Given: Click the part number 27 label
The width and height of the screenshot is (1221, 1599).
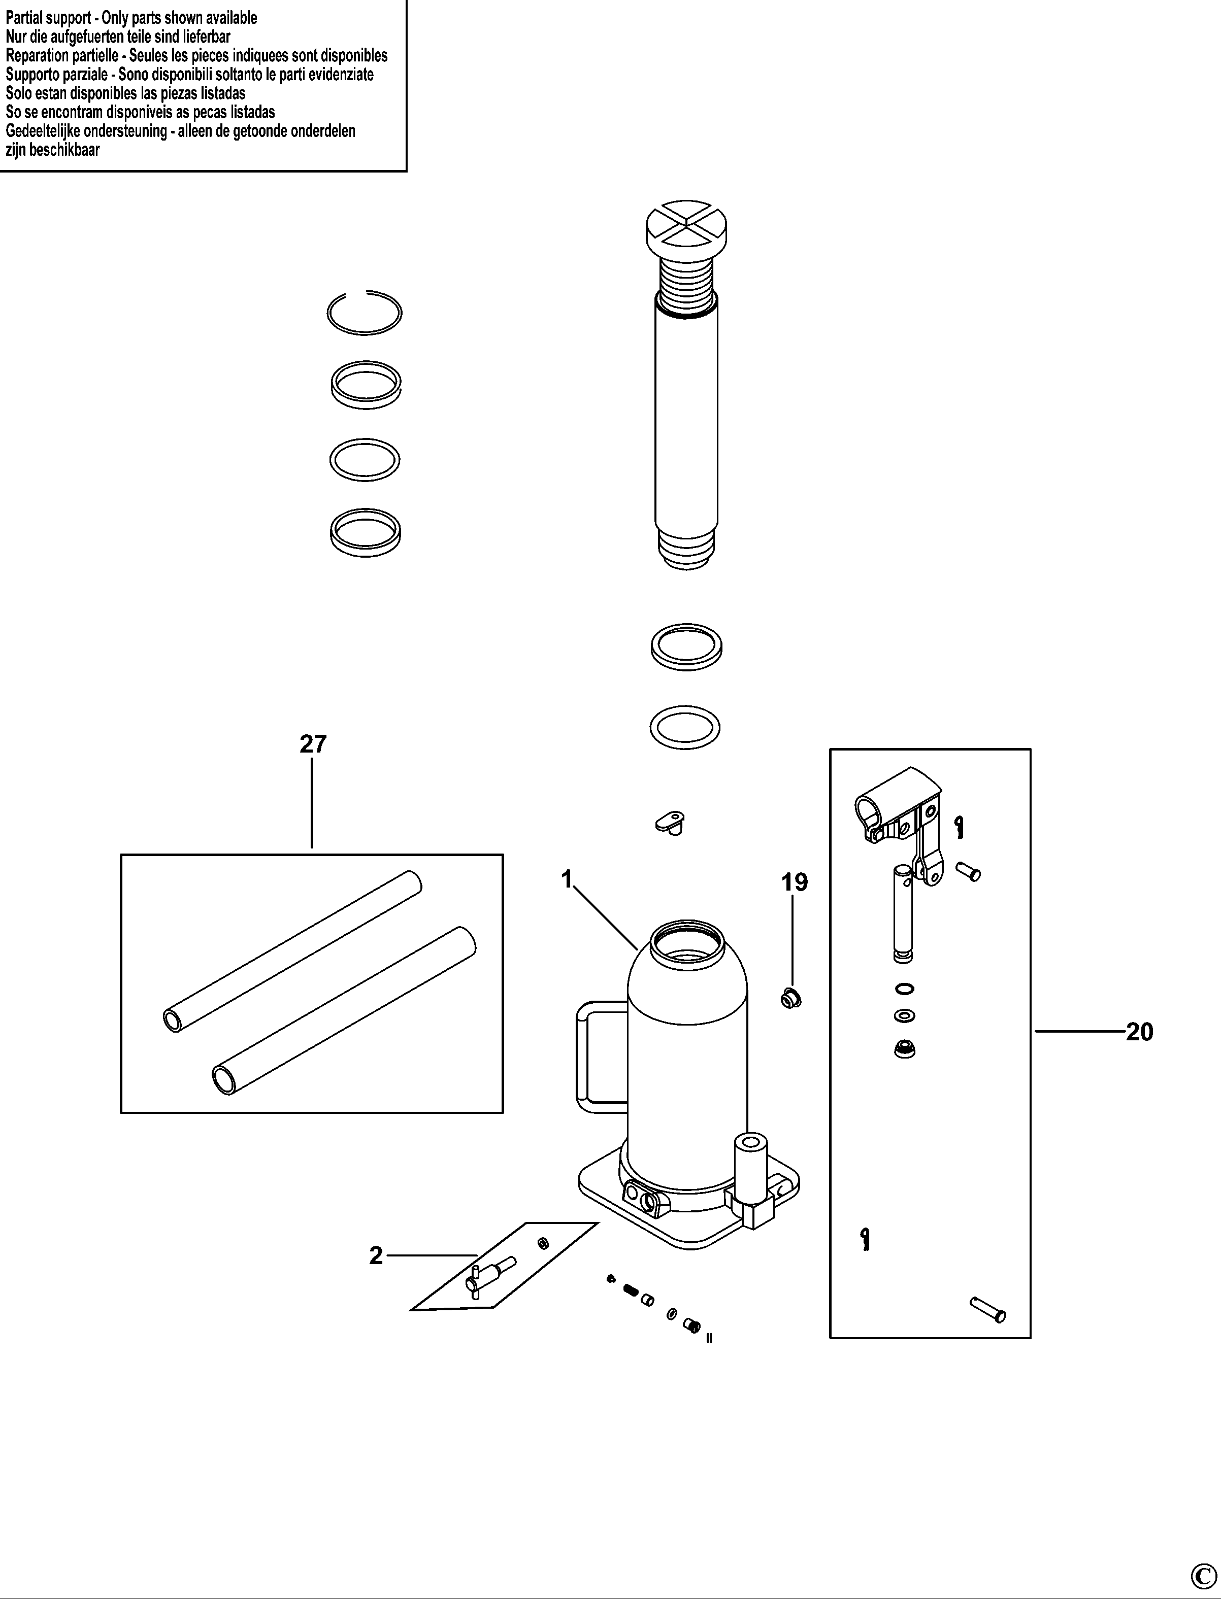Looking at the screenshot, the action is [313, 744].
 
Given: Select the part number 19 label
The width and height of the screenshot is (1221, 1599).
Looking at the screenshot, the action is [795, 882].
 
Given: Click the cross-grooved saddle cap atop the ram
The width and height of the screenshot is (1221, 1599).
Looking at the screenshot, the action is [687, 227].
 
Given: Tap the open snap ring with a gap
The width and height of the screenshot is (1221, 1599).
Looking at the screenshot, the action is [364, 313].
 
